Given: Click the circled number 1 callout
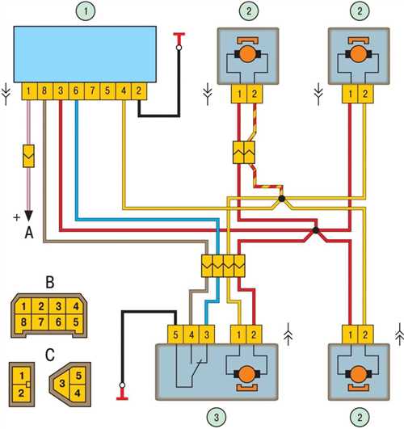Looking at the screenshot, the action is (x=86, y=11).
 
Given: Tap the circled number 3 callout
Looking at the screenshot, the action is (x=217, y=418).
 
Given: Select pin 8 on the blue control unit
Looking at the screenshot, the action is (x=44, y=91).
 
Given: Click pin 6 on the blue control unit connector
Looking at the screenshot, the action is (x=76, y=91).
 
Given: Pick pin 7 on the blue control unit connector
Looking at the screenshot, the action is (x=92, y=91).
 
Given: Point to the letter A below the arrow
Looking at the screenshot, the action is (x=29, y=233).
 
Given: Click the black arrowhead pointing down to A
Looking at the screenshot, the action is (x=29, y=216).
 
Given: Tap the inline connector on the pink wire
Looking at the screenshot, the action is (x=28, y=156).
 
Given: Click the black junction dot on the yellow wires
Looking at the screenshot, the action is (x=282, y=199).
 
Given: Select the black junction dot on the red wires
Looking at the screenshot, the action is (x=316, y=230).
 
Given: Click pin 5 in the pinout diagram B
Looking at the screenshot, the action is (x=76, y=322).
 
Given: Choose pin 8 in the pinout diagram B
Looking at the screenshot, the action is (x=23, y=322).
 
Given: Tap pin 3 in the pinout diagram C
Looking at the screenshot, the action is (x=62, y=384).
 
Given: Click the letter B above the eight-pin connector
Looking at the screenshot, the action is (x=50, y=283).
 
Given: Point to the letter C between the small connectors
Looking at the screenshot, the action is (x=50, y=355).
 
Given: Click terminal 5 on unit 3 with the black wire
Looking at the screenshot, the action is (x=175, y=334).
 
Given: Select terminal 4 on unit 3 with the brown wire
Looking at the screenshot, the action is (x=191, y=334).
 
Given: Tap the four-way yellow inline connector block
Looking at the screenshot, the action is (x=223, y=266).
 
